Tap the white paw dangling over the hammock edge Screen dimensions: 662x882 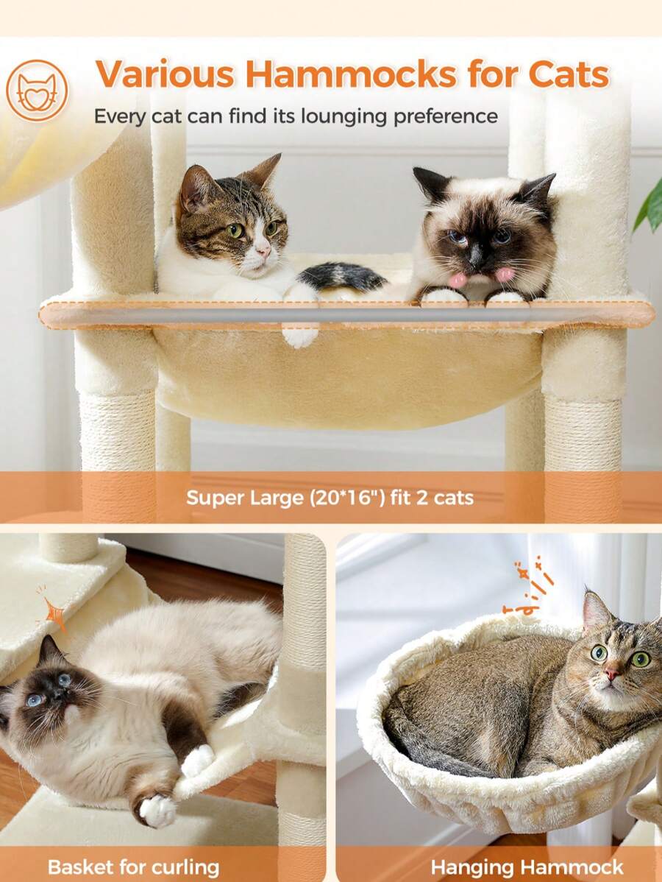[x=299, y=336]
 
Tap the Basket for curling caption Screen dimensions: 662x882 [x=133, y=867]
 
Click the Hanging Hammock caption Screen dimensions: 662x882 [x=527, y=867]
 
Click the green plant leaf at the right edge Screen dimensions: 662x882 [x=650, y=206]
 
